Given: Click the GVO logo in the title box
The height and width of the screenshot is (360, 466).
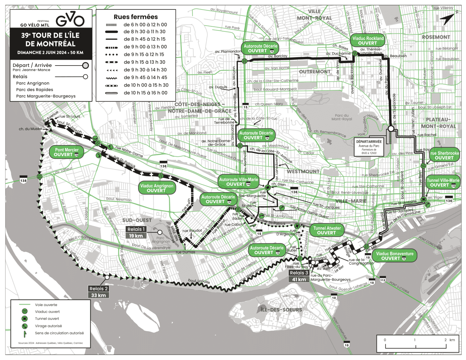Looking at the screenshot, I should pos(70,20).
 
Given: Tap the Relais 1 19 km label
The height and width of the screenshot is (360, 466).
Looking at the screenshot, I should pos(136,232).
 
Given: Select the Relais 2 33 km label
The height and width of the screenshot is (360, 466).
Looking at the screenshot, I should pos(98,292).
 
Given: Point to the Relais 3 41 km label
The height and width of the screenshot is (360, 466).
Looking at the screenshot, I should pos(299,276).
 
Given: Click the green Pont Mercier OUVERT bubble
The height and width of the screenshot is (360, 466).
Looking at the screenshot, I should pos(66,152).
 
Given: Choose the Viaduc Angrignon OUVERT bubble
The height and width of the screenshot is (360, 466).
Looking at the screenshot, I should pos(157,188).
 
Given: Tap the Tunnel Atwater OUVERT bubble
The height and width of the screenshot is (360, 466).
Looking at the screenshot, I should pos(327,230).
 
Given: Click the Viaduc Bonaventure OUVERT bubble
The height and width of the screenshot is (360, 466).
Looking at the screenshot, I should pos(394,256).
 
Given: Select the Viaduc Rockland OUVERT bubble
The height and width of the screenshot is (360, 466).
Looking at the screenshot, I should pos(368,41).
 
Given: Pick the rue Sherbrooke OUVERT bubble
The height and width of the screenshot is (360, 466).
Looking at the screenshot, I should pos(444,156).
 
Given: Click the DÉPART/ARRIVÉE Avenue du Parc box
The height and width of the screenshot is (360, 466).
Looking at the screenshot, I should pos(369,147).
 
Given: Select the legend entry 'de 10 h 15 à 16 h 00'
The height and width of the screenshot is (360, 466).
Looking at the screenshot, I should pos(145,93).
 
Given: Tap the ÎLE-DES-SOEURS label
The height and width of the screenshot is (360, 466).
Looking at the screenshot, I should pos(281,310).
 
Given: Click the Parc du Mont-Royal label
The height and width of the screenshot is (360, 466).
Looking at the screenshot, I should pos(342,117).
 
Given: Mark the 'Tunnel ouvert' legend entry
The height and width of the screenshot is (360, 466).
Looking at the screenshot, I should pos(47,318).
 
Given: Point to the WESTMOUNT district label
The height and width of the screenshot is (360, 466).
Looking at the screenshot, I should pos(303,171).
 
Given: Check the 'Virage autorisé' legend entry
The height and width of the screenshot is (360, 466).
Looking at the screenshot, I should pos(48,326).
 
